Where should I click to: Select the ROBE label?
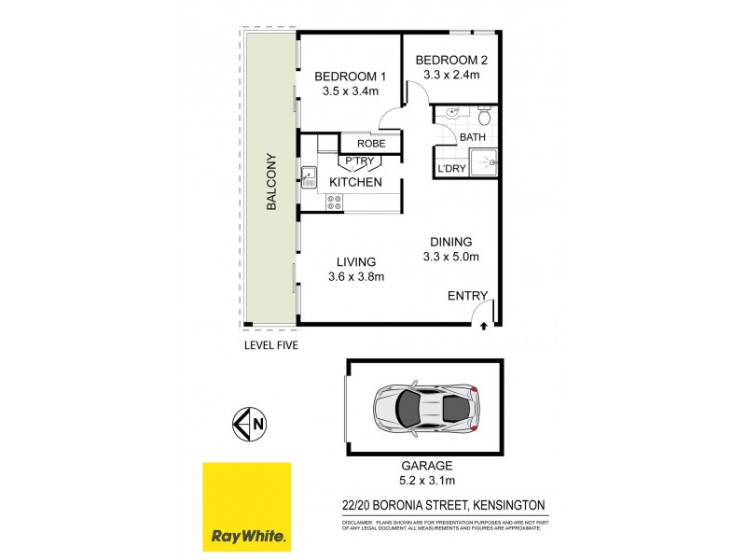(359, 143)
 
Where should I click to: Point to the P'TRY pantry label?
(359, 161)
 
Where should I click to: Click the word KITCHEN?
(353, 182)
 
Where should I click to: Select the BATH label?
(473, 138)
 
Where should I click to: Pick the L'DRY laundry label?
(451, 169)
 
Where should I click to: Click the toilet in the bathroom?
(483, 118)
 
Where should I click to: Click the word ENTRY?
(467, 296)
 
